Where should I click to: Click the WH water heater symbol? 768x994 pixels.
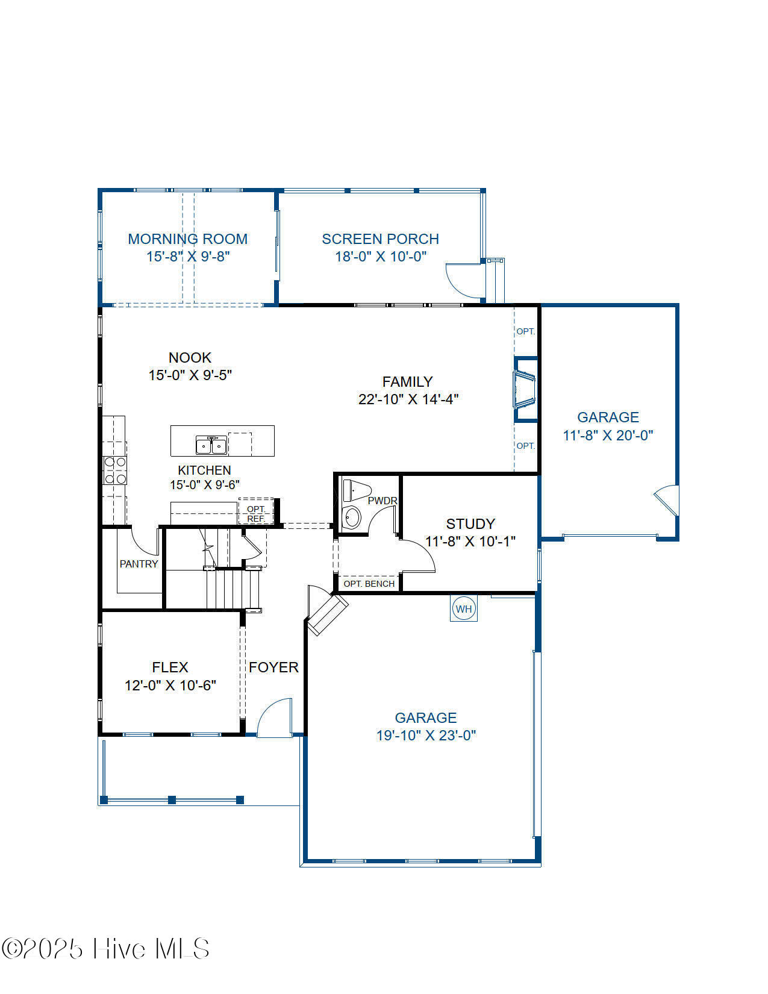click(x=463, y=608)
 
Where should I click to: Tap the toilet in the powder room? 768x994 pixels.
click(x=357, y=490)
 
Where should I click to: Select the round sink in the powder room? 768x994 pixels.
click(x=352, y=517)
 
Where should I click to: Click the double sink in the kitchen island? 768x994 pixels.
click(x=211, y=445)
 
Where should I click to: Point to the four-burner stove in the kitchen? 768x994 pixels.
click(x=115, y=470)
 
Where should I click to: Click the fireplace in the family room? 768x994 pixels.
click(x=525, y=389)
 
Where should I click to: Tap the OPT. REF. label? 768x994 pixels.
click(x=255, y=514)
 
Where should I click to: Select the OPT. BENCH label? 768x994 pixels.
click(x=369, y=584)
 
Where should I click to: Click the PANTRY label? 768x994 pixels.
click(x=139, y=564)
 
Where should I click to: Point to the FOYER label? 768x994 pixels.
click(x=273, y=667)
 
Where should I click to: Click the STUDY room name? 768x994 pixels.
click(x=470, y=524)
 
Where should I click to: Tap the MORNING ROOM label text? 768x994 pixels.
click(x=187, y=239)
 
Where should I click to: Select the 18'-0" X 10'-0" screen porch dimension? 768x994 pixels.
click(x=381, y=257)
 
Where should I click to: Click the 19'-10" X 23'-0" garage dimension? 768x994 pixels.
click(x=426, y=736)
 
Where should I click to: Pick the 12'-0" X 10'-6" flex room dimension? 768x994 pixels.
click(x=170, y=685)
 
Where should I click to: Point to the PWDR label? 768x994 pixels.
click(x=382, y=501)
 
